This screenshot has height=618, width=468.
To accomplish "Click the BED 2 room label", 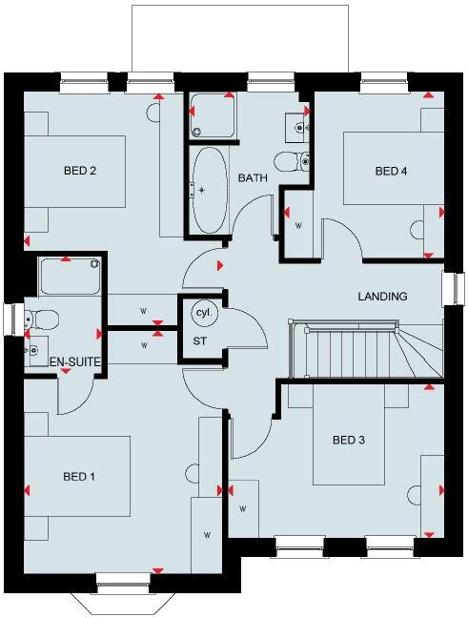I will point(81,172).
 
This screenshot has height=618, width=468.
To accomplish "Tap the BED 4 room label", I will point(391,172).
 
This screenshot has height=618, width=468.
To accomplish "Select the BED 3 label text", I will point(349,441).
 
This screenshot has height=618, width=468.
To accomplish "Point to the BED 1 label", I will point(80,476).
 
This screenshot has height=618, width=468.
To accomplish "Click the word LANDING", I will point(382,297).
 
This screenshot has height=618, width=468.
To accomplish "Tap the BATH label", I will point(253,178).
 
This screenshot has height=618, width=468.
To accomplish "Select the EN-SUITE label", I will point(49,362).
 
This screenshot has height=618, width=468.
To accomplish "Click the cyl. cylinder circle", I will point(203,312).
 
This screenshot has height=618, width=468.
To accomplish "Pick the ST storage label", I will point(200,340).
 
